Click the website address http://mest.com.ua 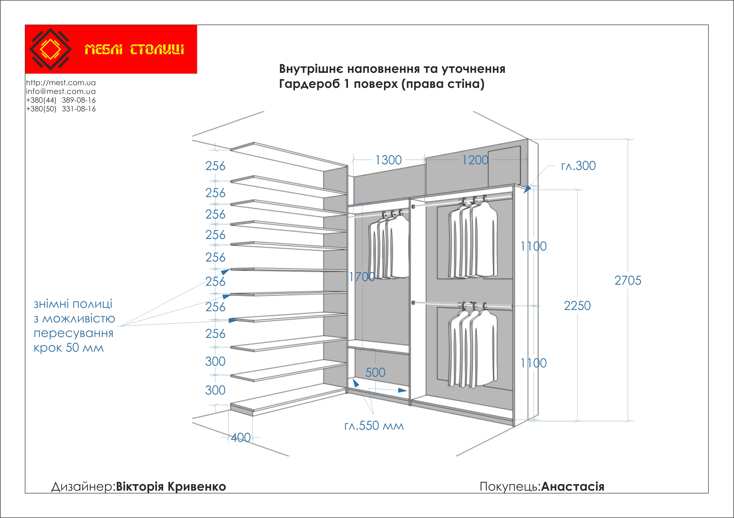tap(61, 83)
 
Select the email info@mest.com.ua tap(61, 91)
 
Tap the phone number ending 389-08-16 tap(61, 100)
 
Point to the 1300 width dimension tap(389, 160)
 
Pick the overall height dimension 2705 tap(627, 280)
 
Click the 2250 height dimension tap(577, 306)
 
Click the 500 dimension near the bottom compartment tap(375, 372)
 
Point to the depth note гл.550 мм tap(374, 426)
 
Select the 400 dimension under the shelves tap(241, 437)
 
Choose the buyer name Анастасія tap(573, 486)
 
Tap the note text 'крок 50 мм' tap(69, 348)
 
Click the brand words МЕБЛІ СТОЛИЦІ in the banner tap(134, 49)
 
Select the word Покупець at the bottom tap(510, 486)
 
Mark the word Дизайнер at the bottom tap(83, 486)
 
